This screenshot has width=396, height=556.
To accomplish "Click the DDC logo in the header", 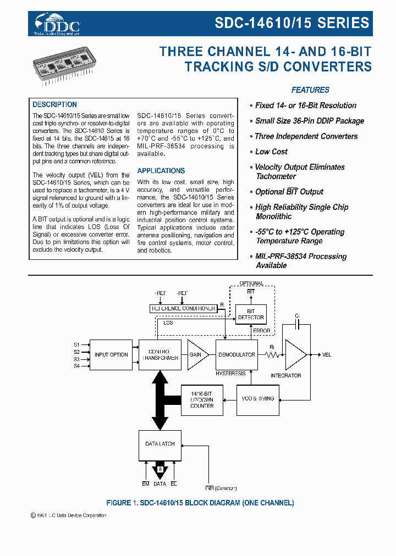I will coord(57,24).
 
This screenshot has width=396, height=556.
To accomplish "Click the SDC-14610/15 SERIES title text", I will coord(291,23).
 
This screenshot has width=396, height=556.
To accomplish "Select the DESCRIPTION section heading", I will coord(54,104).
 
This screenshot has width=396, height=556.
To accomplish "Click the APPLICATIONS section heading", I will coord(161,171).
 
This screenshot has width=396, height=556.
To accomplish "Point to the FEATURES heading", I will coord(310,90).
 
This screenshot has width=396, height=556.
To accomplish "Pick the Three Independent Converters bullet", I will coord(306,136).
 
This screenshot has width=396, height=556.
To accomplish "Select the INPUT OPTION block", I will coord(111,355).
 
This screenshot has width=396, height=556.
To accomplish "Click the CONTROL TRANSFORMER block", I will coord(159,355).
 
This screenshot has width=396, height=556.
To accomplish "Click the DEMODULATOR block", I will coord(237,355).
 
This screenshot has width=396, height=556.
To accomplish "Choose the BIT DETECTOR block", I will coord(251,314).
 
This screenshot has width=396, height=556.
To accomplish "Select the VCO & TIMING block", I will coord(258,399).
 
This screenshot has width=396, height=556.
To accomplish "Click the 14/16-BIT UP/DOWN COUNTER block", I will coord(202,399).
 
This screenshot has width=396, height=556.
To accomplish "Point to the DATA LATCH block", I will coord(159,444).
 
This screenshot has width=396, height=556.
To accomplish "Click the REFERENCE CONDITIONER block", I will coord(183,309).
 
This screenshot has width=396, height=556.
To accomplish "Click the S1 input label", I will coord(76,344).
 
